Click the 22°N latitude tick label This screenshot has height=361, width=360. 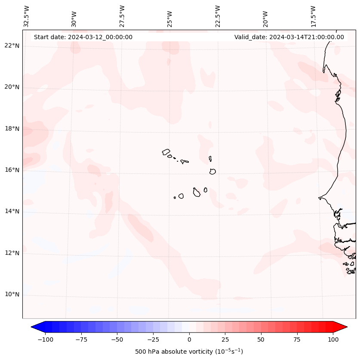[x=12, y=46]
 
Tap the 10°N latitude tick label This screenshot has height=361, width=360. [x=12, y=295]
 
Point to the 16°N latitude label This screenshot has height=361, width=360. [x=12, y=170]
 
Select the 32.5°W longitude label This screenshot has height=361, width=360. [x=27, y=16]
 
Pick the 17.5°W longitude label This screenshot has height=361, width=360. [x=314, y=16]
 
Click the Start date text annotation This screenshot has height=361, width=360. [x=83, y=37]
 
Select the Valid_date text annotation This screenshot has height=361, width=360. [x=289, y=37]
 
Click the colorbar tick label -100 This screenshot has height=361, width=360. [x=45, y=340]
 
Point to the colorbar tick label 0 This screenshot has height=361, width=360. [x=189, y=340]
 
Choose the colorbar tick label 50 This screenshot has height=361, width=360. [x=261, y=340]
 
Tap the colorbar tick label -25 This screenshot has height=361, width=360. [x=153, y=340]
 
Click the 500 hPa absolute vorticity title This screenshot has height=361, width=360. [x=189, y=352]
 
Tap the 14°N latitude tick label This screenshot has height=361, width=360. [x=12, y=211]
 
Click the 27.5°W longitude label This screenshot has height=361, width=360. [x=122, y=16]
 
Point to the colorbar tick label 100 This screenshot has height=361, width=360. [x=332, y=340]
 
